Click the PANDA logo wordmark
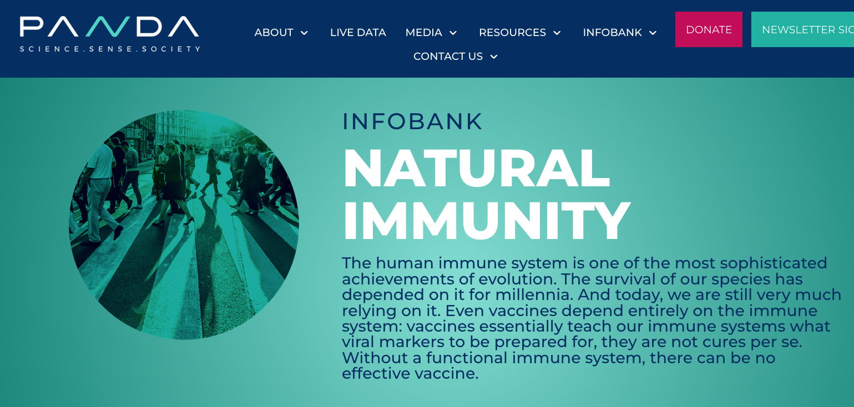pyautogui.click(x=109, y=27)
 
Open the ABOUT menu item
pyautogui.click(x=274, y=32)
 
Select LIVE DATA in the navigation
pyautogui.click(x=358, y=32)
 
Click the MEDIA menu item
pyautogui.click(x=423, y=32)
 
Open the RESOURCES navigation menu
pyautogui.click(x=512, y=32)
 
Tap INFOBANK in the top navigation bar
pyautogui.click(x=612, y=32)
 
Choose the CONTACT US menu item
pyautogui.click(x=448, y=57)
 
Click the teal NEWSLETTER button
pyautogui.click(x=802, y=29)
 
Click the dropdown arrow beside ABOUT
pyautogui.click(x=304, y=33)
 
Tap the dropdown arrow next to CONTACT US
pyautogui.click(x=494, y=57)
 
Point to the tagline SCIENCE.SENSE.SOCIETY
pyautogui.click(x=110, y=49)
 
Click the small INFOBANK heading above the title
pyautogui.click(x=412, y=121)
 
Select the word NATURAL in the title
pyautogui.click(x=476, y=168)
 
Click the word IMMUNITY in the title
pyautogui.click(x=487, y=221)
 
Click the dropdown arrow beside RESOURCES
pyautogui.click(x=557, y=33)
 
